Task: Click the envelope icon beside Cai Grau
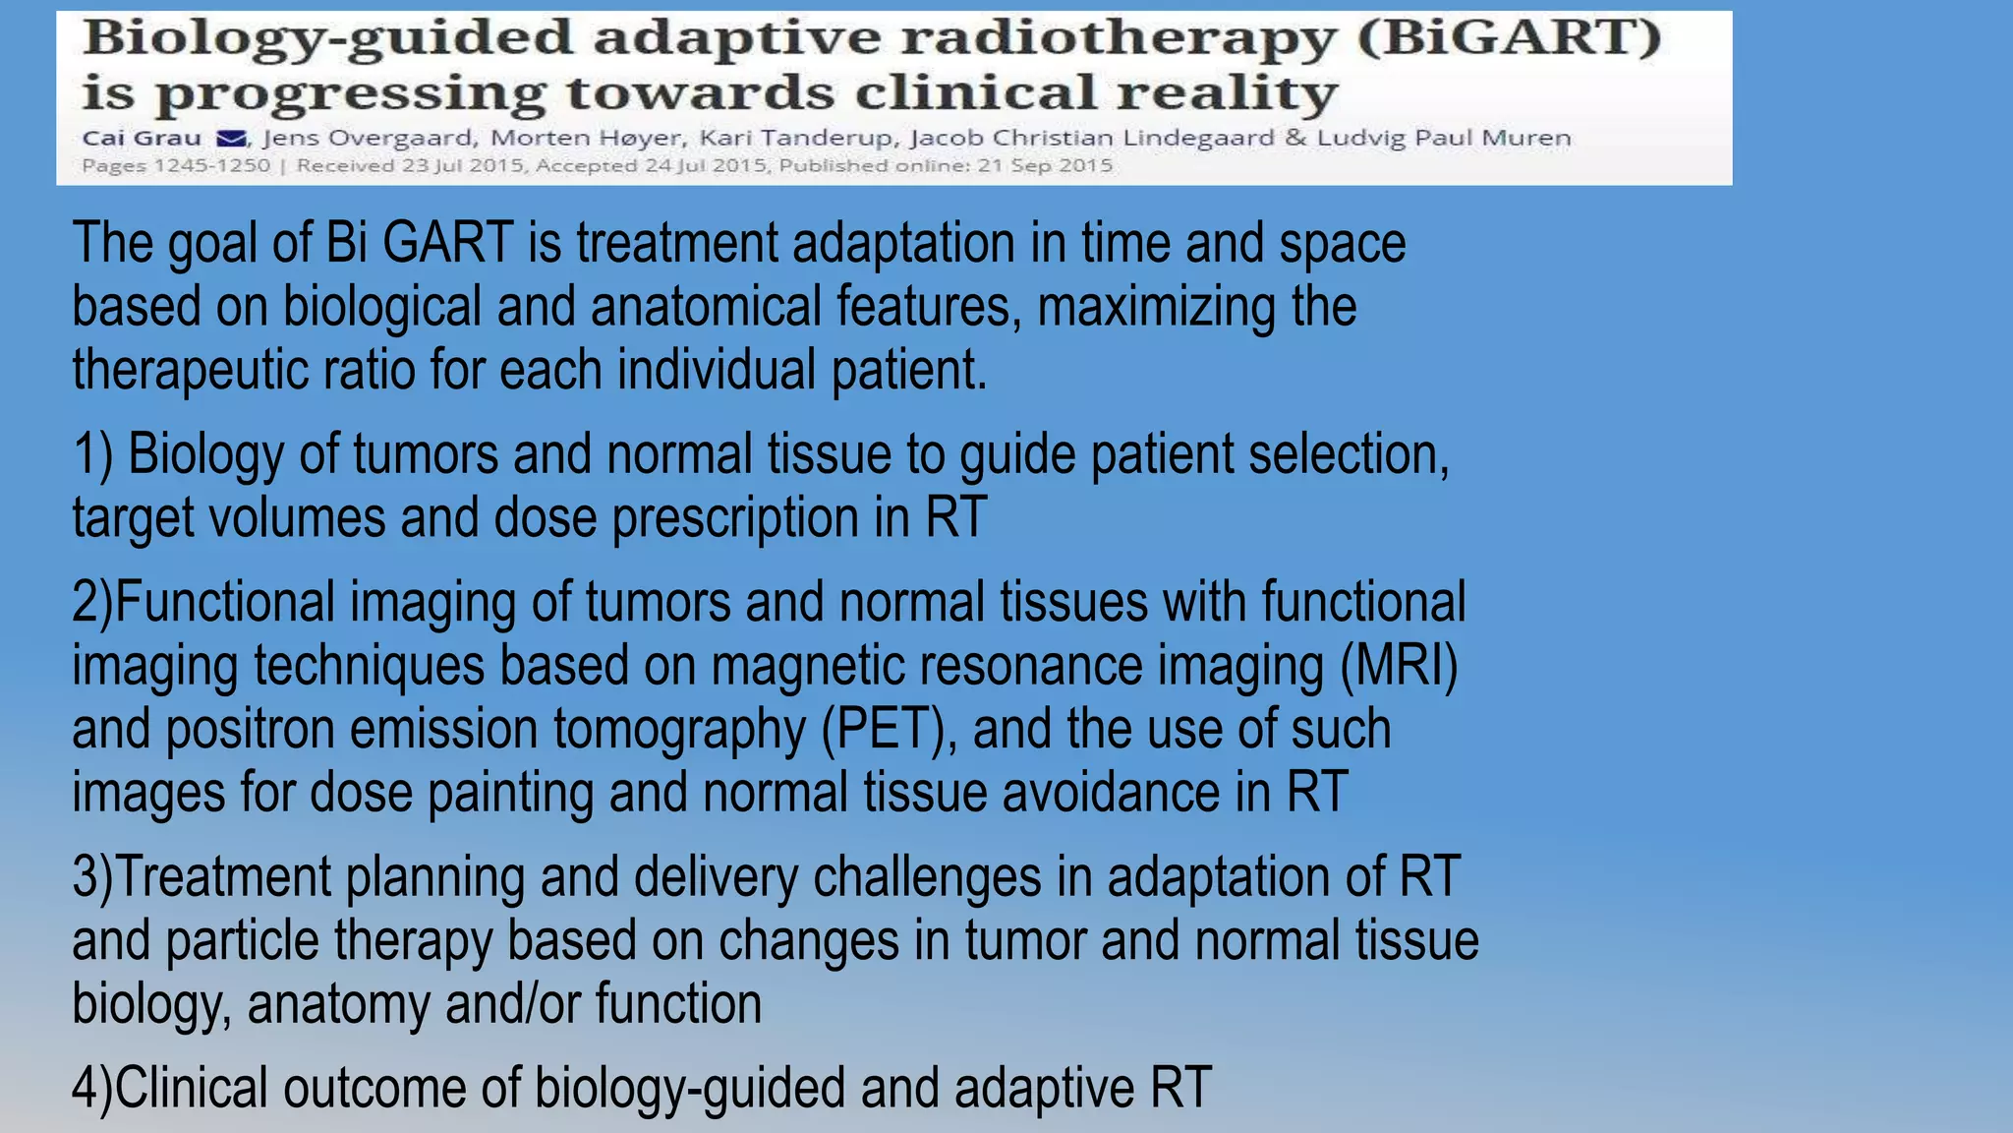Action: click(x=230, y=139)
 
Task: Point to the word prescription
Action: click(x=735, y=518)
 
